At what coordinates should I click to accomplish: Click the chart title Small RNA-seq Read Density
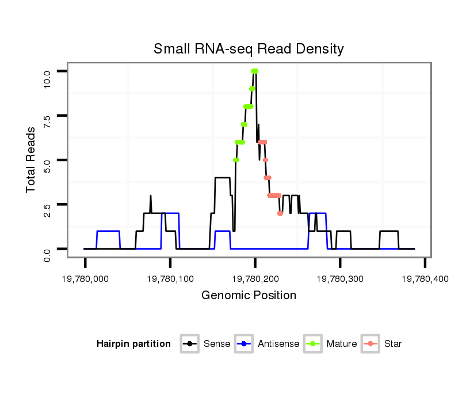[249, 49]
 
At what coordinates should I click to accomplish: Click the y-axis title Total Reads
[32, 160]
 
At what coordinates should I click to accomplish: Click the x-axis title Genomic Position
[249, 296]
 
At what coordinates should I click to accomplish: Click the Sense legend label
[217, 344]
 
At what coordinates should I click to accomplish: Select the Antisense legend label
[278, 344]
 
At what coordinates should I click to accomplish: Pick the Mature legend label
[342, 344]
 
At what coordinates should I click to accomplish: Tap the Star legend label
[393, 344]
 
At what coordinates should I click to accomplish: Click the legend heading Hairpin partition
[133, 344]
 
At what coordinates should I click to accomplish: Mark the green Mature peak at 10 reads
[254, 71]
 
